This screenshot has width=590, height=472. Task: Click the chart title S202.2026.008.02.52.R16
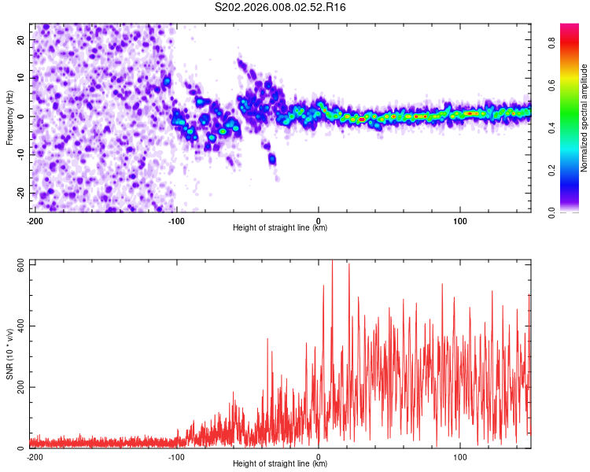point(280,7)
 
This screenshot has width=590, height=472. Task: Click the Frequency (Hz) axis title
point(9,116)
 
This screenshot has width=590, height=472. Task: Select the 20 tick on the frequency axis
point(21,39)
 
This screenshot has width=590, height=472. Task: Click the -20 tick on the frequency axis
point(20,193)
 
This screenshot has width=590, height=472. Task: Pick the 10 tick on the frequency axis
point(21,78)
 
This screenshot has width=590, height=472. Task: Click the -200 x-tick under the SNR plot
point(34,457)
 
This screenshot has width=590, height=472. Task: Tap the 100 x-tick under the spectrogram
point(460,221)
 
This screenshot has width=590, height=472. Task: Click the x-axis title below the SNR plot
point(280,464)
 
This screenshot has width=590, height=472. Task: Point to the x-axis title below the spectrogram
point(280,228)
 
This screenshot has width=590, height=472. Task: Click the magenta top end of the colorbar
point(570,27)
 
